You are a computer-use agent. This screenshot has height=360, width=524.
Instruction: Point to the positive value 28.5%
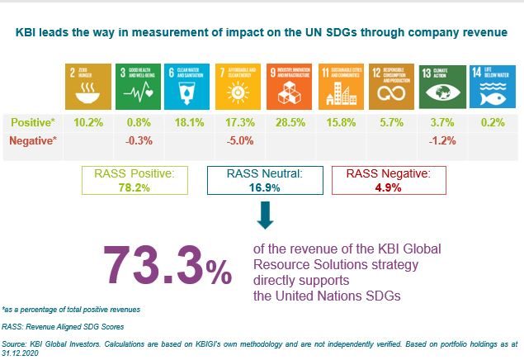(290, 123)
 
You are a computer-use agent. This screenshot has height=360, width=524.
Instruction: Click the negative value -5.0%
(239, 140)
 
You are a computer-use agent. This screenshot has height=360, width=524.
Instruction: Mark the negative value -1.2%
(442, 140)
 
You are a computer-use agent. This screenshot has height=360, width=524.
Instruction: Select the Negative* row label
(32, 140)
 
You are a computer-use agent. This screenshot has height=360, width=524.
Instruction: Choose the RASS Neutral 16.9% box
(261, 182)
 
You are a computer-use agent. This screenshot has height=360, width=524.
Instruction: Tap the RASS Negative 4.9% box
(388, 182)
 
